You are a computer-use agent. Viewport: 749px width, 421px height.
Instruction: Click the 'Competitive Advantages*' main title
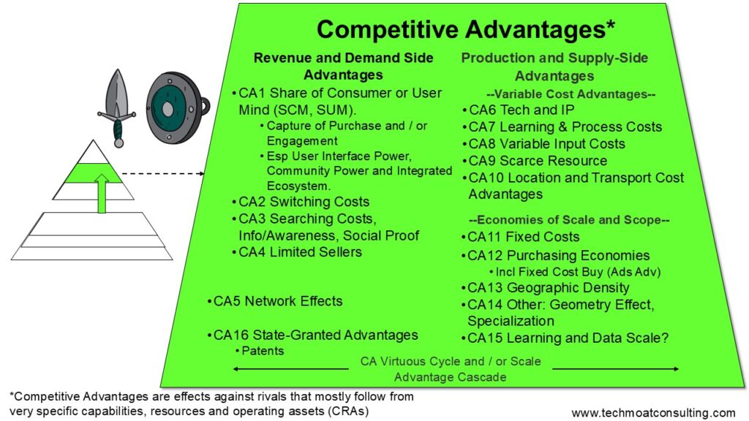(x=466, y=29)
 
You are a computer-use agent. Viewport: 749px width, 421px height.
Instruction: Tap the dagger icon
(x=117, y=108)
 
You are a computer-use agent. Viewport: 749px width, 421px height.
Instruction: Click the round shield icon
(x=176, y=108)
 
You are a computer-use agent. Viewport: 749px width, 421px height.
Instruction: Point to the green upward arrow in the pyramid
(x=102, y=193)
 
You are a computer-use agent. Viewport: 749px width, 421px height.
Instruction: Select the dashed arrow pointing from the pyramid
(x=163, y=174)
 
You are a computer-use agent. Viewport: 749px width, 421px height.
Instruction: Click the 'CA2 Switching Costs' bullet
(x=301, y=202)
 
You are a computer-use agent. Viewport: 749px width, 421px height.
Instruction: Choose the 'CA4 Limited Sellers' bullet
(x=297, y=252)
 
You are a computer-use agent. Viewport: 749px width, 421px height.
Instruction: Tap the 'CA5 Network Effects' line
(x=275, y=301)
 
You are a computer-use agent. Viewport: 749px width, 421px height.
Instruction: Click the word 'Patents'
(x=263, y=351)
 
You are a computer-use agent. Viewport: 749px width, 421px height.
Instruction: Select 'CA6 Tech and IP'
(x=519, y=110)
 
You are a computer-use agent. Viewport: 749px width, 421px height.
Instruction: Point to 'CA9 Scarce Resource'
(x=535, y=161)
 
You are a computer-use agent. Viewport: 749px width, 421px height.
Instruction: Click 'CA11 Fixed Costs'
(x=520, y=237)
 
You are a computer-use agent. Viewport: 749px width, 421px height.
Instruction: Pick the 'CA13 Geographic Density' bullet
(x=545, y=288)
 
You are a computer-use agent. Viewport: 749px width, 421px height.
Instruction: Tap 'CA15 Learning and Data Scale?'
(x=565, y=338)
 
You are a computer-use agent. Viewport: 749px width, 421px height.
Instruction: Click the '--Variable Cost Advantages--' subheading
(x=571, y=94)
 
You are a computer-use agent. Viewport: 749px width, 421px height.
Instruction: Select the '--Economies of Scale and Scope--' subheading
(x=569, y=219)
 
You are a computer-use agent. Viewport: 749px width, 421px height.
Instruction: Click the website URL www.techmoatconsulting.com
(x=653, y=412)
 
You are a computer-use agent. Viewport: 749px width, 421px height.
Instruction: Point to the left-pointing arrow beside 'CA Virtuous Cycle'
(x=290, y=369)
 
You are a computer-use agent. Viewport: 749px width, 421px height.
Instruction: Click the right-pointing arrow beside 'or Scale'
(x=616, y=369)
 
